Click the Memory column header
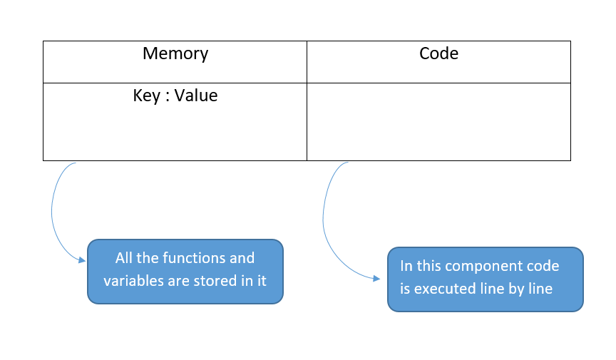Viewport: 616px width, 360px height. click(175, 53)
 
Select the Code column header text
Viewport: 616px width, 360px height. click(438, 53)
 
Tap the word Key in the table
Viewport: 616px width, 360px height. click(146, 96)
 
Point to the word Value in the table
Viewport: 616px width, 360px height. click(196, 96)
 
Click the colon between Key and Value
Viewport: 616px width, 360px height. click(168, 96)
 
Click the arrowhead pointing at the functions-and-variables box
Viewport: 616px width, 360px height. click(81, 261)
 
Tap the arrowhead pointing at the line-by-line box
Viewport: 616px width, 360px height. click(377, 279)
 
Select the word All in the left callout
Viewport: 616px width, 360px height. click(125, 258)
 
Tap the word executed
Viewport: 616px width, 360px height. click(445, 289)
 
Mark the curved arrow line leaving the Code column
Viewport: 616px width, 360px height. click(324, 214)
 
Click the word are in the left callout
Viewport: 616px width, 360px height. click(180, 281)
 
